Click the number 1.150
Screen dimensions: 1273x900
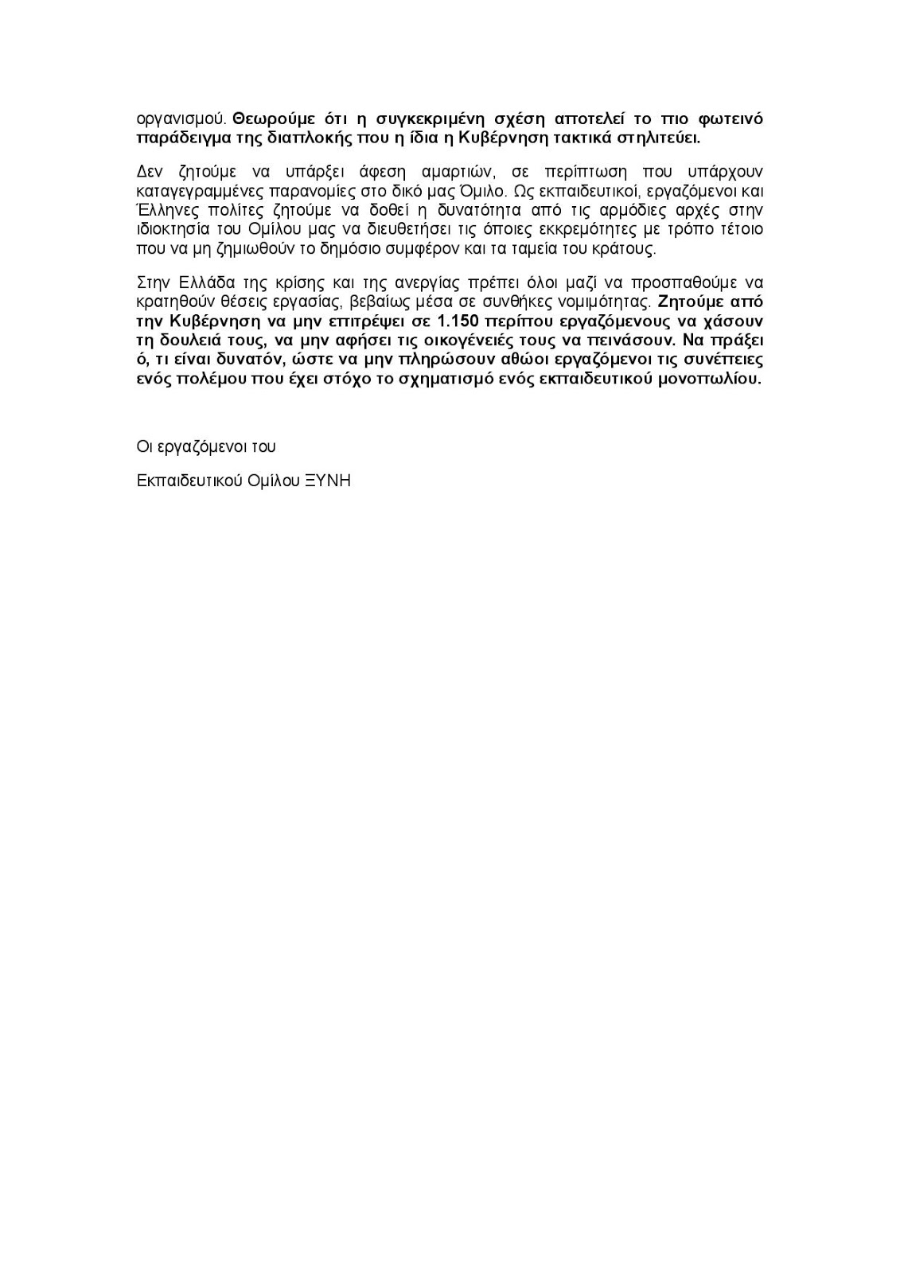tap(457, 321)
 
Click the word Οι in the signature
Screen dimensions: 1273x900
tap(144, 446)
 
